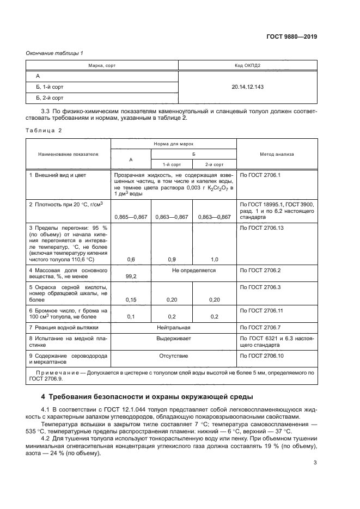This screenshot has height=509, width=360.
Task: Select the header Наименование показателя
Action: pyautogui.click(x=68, y=154)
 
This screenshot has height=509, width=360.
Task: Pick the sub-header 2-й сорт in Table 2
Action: pyautogui.click(x=215, y=164)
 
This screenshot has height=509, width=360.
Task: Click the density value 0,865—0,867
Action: pyautogui.click(x=131, y=216)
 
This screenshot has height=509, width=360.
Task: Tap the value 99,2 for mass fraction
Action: pyautogui.click(x=131, y=277)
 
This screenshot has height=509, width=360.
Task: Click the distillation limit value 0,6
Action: pyautogui.click(x=131, y=259)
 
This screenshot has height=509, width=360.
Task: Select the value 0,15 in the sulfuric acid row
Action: pyautogui.click(x=131, y=299)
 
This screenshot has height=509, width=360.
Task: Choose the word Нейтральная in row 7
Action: pyautogui.click(x=173, y=328)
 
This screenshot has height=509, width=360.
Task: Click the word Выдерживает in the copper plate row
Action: pyautogui.click(x=173, y=338)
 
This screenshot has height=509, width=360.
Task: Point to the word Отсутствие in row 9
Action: pyautogui.click(x=173, y=356)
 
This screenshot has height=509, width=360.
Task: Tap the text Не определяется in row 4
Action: pyautogui.click(x=194, y=270)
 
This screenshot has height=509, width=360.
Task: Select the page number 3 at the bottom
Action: pyautogui.click(x=315, y=479)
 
